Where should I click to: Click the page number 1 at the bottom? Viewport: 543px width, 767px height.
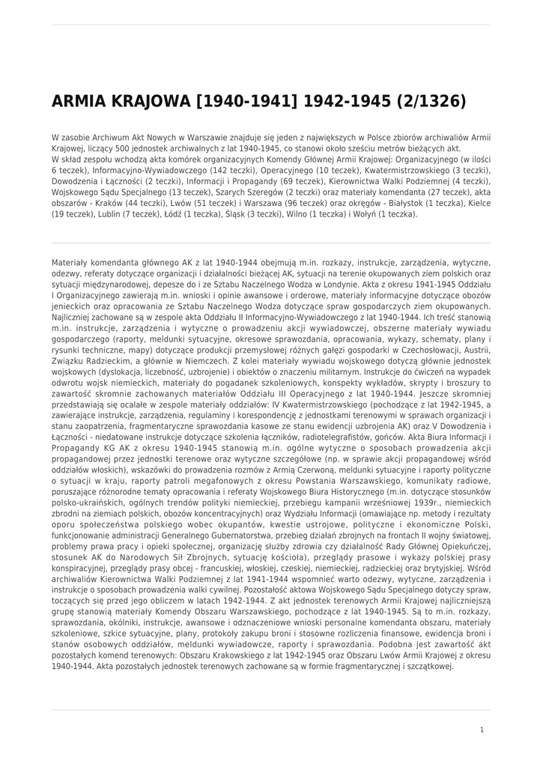tap(482, 729)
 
